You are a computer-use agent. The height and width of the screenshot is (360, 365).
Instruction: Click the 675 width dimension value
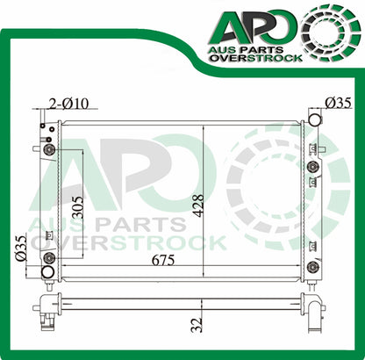point(163,260)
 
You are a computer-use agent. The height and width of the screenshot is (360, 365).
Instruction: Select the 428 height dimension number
point(199,205)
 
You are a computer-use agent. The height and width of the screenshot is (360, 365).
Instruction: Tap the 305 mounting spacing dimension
point(78,208)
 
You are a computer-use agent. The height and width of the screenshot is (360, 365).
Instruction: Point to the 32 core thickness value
point(197,325)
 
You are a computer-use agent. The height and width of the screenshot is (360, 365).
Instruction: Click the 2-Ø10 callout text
point(68,104)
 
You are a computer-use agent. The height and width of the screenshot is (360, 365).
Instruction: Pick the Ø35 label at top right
point(338,103)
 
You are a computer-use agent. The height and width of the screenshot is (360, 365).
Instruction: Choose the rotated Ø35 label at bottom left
point(21,248)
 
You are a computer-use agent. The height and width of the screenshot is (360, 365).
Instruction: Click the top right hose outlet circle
point(315,119)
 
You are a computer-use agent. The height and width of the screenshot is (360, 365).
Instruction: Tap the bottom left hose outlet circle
point(48,272)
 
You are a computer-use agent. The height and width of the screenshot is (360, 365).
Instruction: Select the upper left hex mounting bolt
point(48,150)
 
